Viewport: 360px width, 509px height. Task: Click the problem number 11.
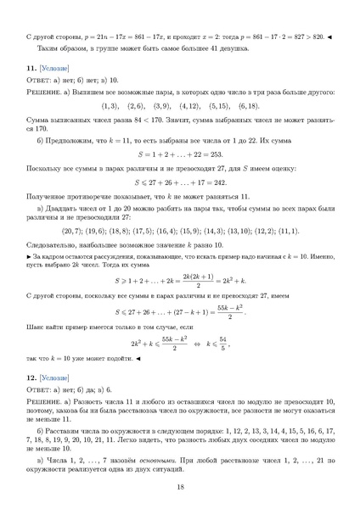tap(32, 66)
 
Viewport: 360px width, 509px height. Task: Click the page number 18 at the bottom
tap(180, 486)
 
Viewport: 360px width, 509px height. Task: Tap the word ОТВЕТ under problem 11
tap(41, 78)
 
